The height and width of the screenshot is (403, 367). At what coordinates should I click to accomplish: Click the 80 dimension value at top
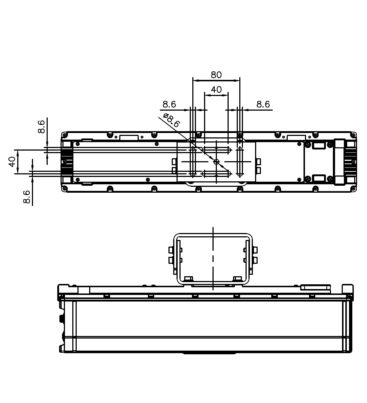216,75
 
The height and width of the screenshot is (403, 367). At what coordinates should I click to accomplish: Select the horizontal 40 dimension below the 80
216,89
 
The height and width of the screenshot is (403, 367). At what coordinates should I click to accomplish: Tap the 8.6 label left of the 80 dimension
169,104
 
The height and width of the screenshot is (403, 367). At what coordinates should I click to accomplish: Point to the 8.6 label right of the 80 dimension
263,104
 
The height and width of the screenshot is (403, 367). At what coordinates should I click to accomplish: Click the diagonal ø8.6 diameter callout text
171,121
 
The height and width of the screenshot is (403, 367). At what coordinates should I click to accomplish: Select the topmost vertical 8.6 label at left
42,126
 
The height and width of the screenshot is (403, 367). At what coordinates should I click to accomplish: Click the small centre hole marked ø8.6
216,162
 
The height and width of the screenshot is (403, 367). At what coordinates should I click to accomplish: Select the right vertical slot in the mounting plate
240,162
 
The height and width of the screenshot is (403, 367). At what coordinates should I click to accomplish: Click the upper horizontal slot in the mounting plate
216,150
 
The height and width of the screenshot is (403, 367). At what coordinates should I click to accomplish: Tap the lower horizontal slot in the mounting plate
216,173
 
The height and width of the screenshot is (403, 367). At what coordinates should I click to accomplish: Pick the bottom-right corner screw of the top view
353,189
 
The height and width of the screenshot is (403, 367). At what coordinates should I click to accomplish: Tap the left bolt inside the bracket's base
189,279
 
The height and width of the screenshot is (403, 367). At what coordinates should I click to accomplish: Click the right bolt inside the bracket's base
237,279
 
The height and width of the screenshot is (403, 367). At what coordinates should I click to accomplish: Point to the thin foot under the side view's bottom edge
209,354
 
